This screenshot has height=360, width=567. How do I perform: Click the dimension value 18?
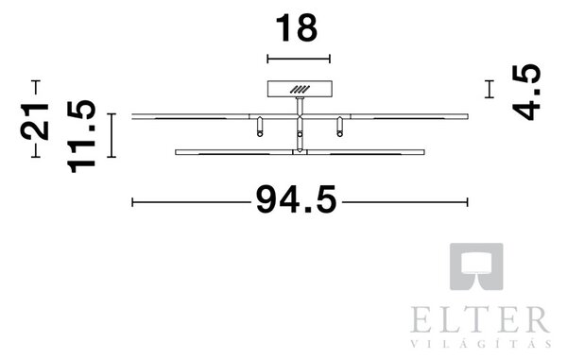click(297, 27)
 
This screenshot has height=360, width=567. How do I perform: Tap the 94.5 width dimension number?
click(297, 199)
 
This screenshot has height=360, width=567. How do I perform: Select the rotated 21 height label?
click(35, 122)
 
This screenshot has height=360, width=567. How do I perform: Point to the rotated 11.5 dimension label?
click(81, 137)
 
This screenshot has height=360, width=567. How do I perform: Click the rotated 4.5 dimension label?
click(526, 93)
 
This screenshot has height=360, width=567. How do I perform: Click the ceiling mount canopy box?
click(300, 89)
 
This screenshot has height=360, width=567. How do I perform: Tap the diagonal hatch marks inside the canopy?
click(300, 90)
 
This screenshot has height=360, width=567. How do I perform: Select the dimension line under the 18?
click(299, 59)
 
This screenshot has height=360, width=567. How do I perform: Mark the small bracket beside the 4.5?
click(490, 89)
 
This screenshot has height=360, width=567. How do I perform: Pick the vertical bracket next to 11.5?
click(112, 135)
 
